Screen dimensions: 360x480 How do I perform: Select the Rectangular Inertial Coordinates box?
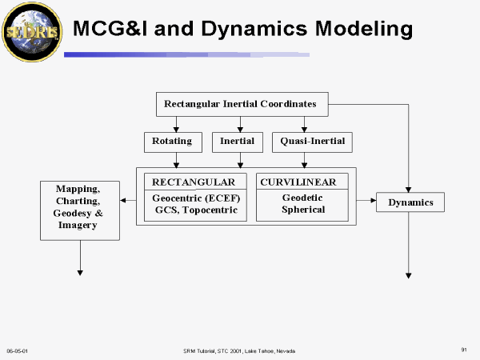[240, 103]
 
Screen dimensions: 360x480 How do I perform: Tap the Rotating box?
[172, 142]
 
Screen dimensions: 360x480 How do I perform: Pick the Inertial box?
[238, 142]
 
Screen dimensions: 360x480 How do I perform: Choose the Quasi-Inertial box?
[308, 142]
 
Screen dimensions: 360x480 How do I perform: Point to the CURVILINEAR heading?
[303, 182]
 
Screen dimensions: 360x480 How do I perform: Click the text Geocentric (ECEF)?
[195, 197]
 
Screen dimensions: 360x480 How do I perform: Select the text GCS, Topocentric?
[195, 210]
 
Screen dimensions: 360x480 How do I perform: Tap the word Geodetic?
[303, 197]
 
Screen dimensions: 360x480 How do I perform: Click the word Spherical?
[303, 210]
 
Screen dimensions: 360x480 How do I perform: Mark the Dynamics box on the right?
[410, 202]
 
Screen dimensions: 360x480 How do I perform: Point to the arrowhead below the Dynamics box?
[409, 274]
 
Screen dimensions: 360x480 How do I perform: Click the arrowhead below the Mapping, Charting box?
[80, 272]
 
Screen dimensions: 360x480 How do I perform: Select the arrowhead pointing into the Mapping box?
[123, 200]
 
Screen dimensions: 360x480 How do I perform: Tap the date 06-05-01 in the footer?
[18, 350]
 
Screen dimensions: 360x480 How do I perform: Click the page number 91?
[464, 350]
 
